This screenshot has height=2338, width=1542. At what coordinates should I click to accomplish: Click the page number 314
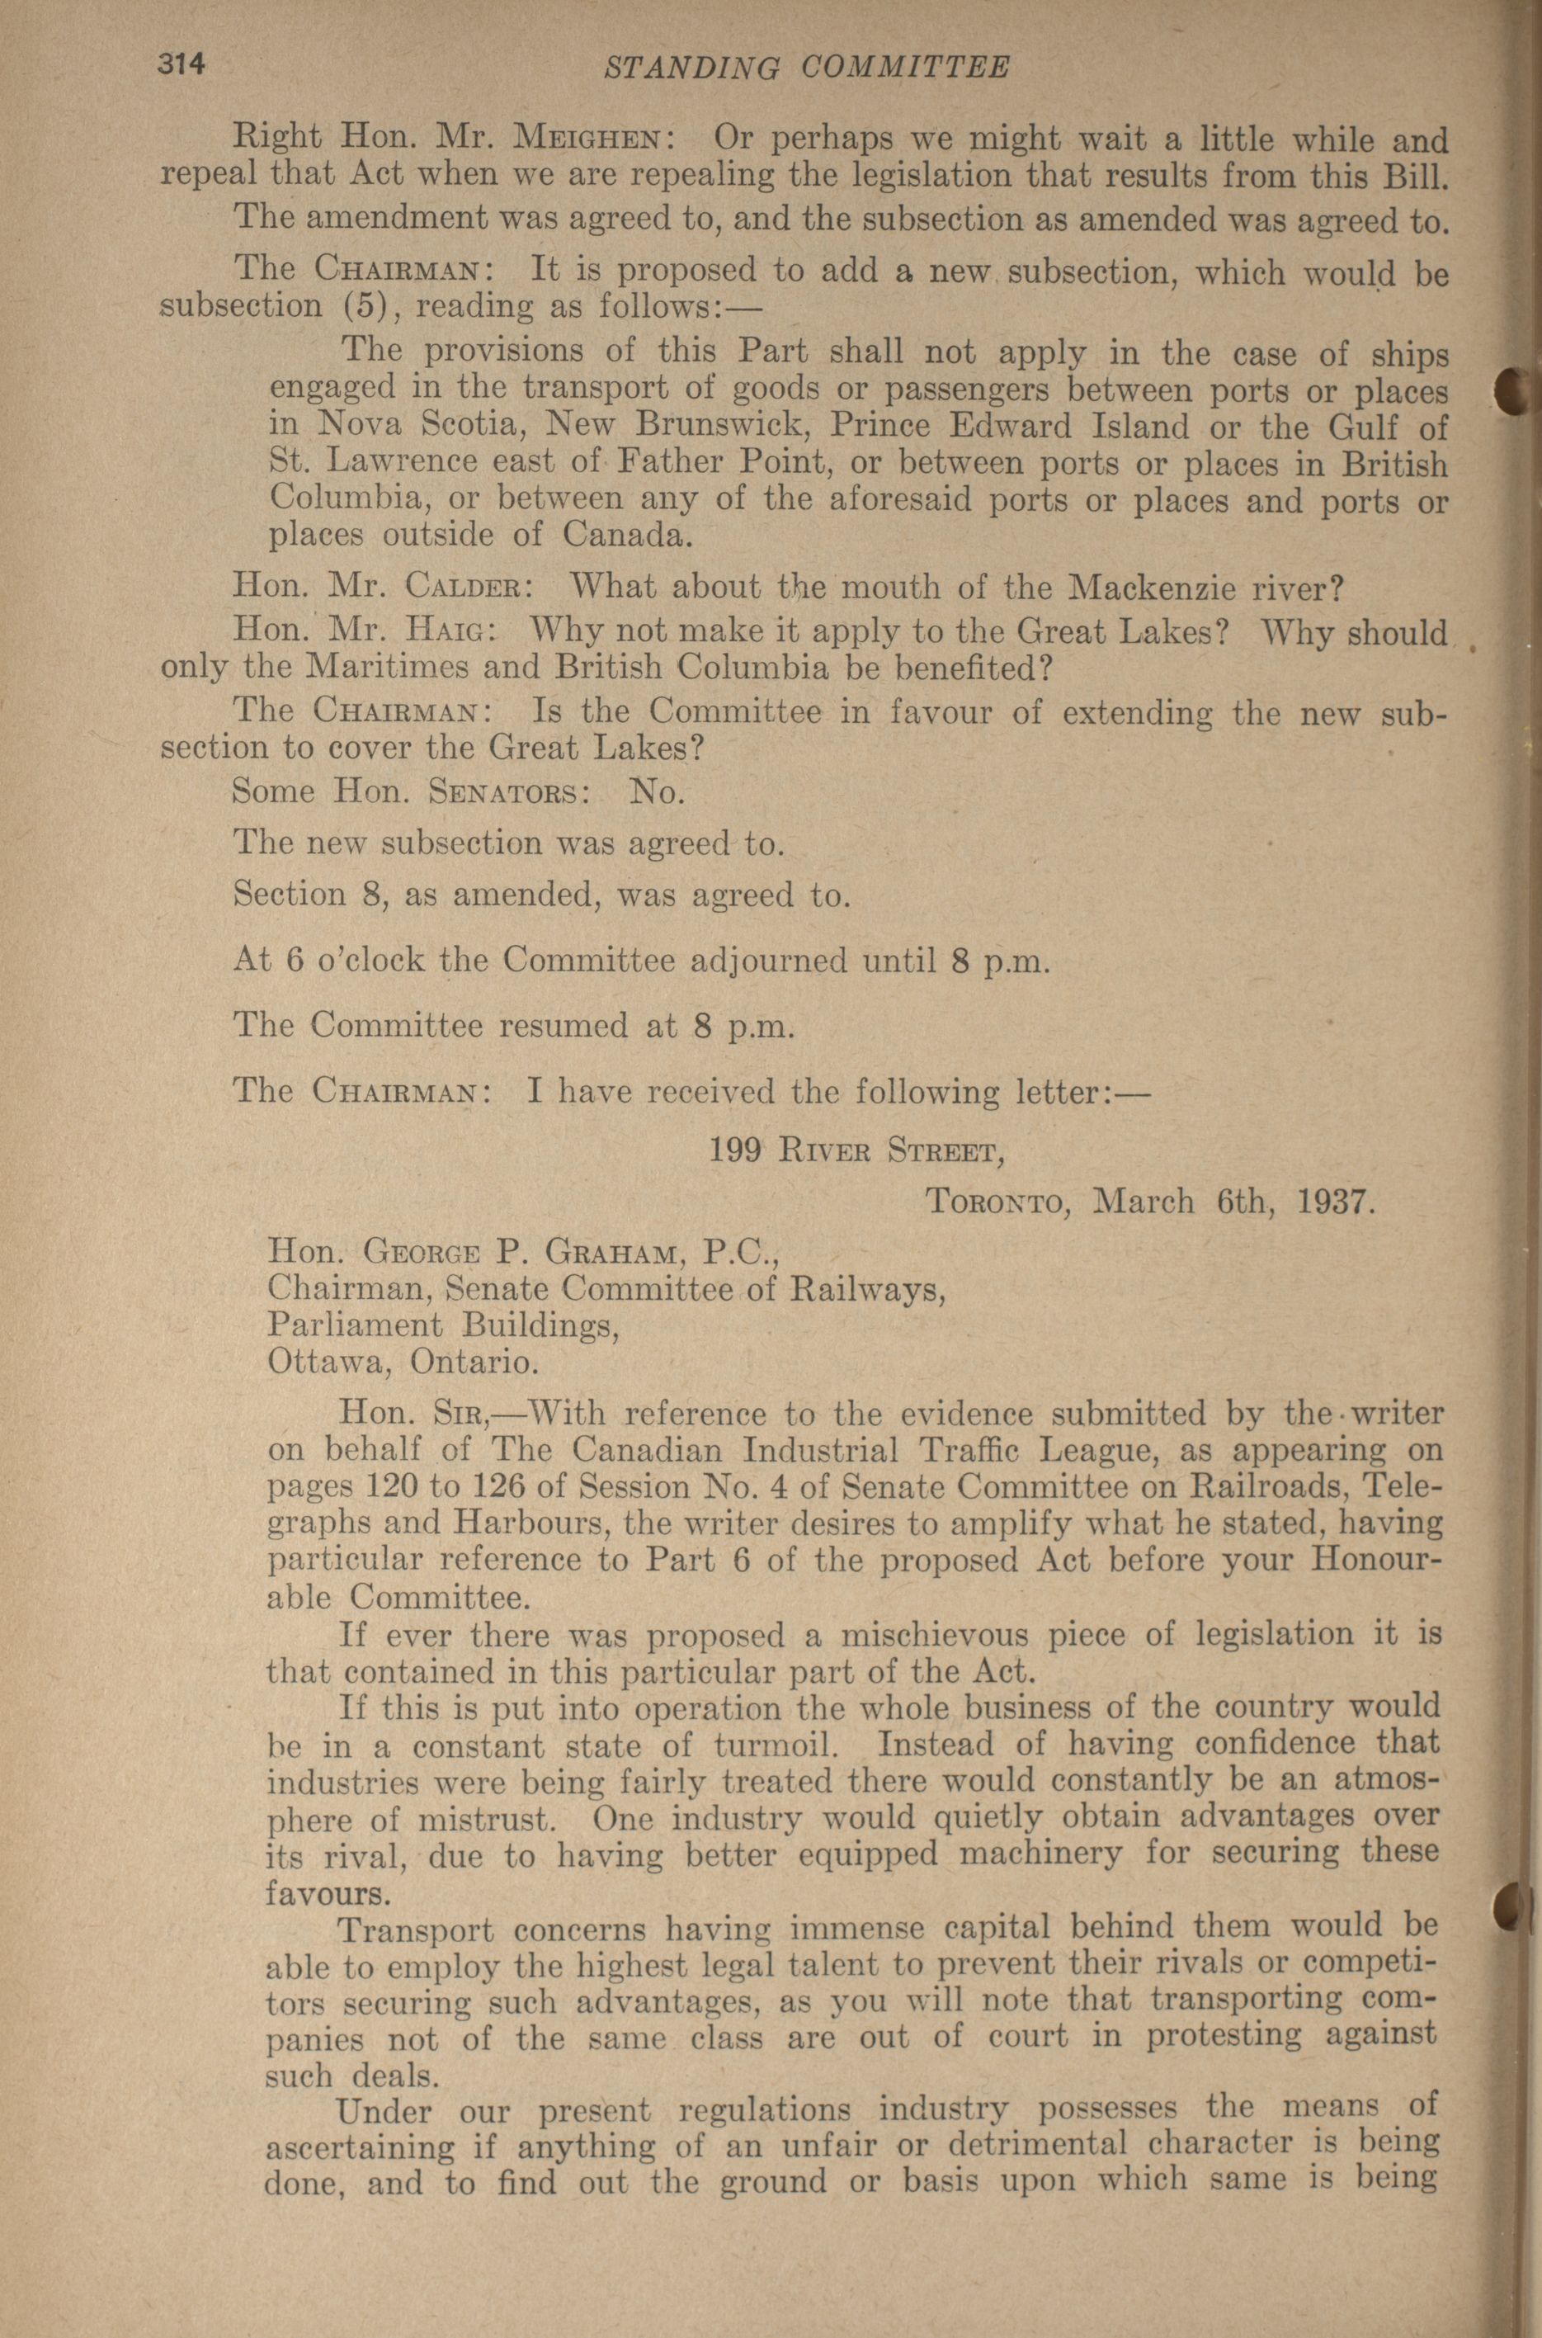(180, 65)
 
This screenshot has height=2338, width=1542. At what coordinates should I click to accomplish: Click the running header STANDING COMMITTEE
(805, 67)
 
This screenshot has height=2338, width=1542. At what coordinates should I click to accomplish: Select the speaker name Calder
(468, 588)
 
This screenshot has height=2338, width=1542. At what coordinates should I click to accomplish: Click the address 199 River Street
(856, 1150)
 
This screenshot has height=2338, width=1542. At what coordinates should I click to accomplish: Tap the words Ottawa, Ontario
(403, 1363)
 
